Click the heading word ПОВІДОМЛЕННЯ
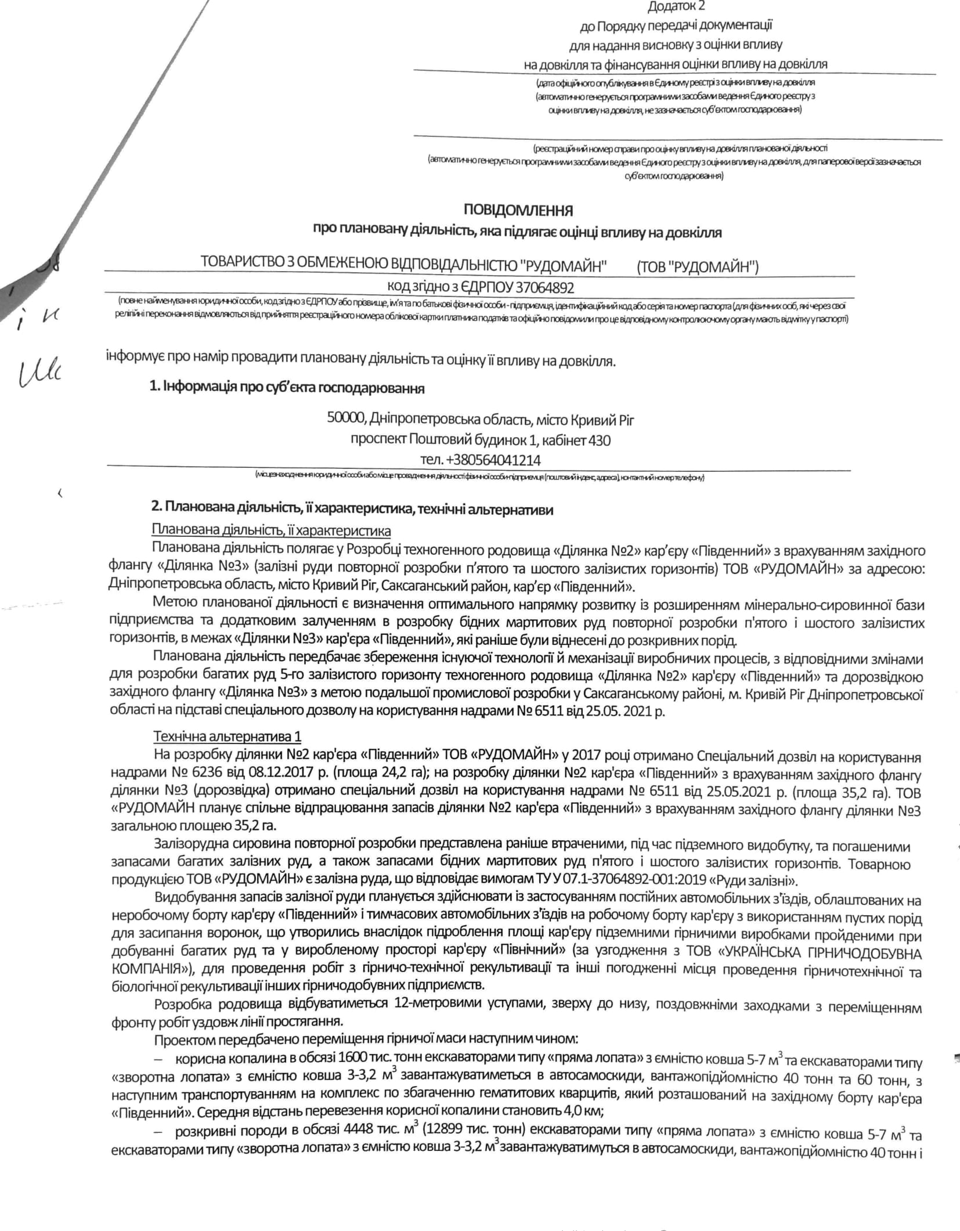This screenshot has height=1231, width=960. tap(518, 210)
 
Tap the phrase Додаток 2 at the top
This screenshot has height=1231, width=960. tap(676, 6)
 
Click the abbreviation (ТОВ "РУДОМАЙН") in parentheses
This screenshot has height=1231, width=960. tap(698, 266)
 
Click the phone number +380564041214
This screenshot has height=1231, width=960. tap(493, 460)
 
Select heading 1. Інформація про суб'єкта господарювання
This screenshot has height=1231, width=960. tap(287, 388)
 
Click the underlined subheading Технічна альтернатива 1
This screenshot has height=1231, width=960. tap(228, 737)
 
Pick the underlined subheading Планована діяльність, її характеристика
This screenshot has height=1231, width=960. tap(271, 530)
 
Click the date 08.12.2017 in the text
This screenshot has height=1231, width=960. tap(275, 775)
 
